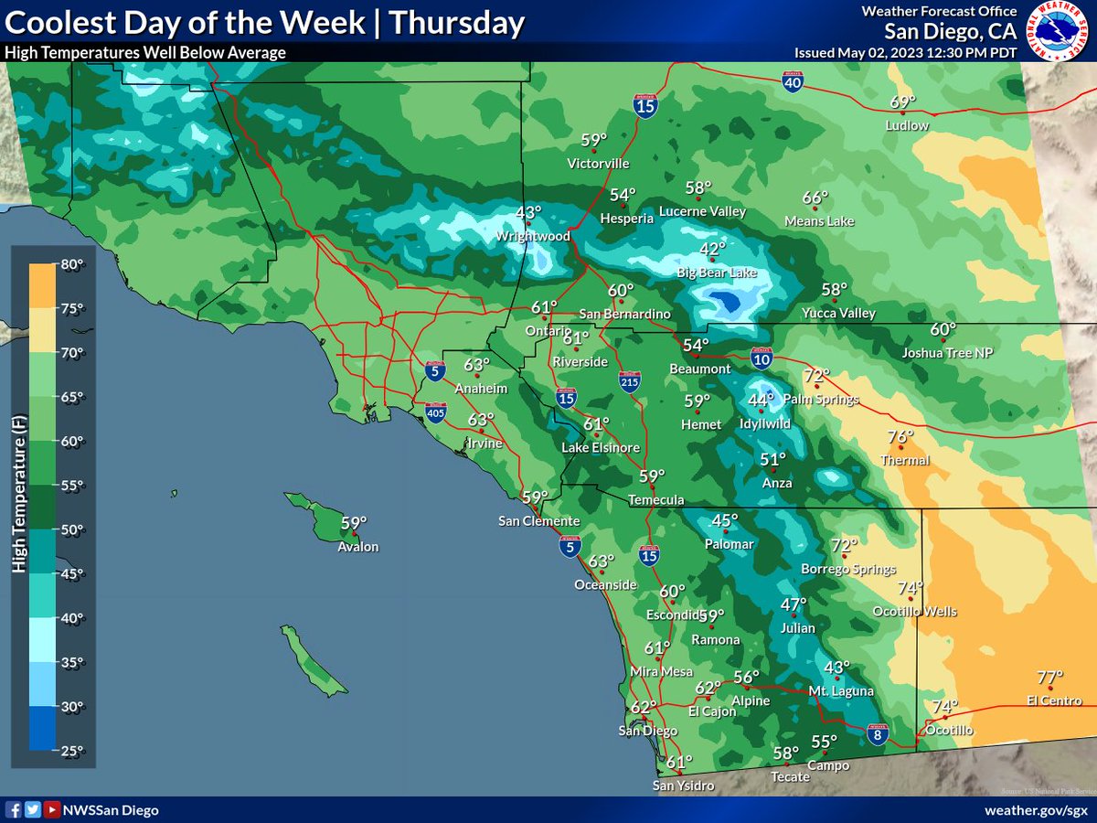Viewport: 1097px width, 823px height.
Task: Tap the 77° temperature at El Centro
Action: pyautogui.click(x=1050, y=678)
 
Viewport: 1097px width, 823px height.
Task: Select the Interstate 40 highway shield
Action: pyautogui.click(x=793, y=83)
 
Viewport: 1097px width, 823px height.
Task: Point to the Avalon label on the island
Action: pyautogui.click(x=357, y=547)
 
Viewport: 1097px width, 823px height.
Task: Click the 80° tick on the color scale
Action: pyautogui.click(x=72, y=265)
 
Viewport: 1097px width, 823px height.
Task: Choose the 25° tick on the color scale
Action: pyautogui.click(x=72, y=750)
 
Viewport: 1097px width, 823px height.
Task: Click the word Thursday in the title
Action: pyautogui.click(x=456, y=24)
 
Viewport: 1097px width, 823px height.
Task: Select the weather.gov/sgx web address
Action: pyautogui.click(x=1035, y=810)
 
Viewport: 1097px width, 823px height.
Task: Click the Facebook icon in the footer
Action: pyautogui.click(x=14, y=810)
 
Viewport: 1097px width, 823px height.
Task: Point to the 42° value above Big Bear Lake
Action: pyautogui.click(x=712, y=249)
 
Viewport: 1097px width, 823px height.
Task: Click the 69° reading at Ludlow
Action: pyautogui.click(x=902, y=102)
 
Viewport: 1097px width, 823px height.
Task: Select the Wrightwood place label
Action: pyautogui.click(x=533, y=236)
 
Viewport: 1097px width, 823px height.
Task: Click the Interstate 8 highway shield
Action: pyautogui.click(x=877, y=732)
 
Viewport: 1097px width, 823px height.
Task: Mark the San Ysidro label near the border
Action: pyautogui.click(x=683, y=786)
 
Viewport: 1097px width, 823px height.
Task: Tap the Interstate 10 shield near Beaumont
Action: pyautogui.click(x=761, y=357)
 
